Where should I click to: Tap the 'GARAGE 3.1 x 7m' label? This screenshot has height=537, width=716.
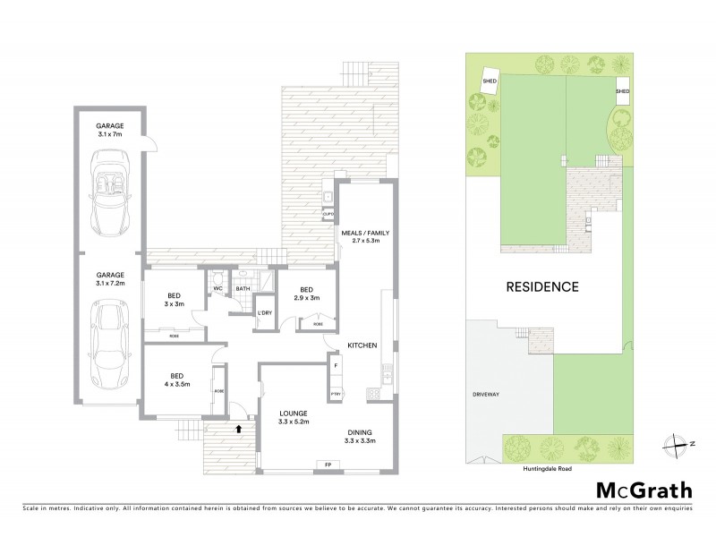[x=110, y=130]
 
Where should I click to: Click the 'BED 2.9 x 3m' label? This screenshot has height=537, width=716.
[x=306, y=293]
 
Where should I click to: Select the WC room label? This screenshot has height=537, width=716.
[x=217, y=288]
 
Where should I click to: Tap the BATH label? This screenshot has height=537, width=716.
[x=243, y=288]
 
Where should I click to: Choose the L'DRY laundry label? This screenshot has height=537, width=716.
[x=264, y=311]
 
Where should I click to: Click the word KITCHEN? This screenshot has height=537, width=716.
[x=362, y=345]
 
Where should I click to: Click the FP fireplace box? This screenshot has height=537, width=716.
[x=328, y=464]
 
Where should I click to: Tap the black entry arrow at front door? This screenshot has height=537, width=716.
[x=238, y=429]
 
